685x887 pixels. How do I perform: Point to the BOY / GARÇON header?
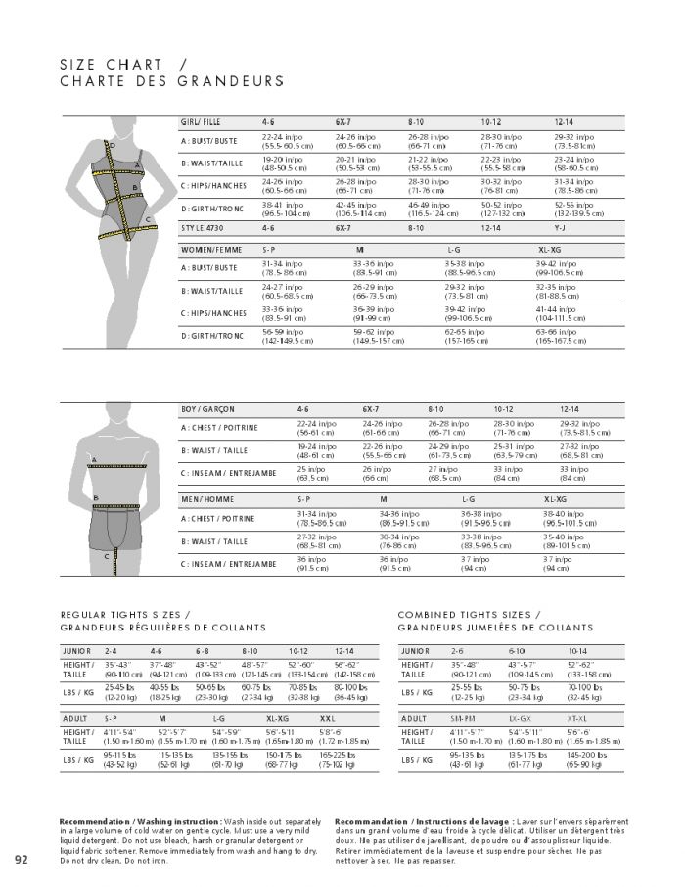(x=207, y=408)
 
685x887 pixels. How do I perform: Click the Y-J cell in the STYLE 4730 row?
(x=561, y=227)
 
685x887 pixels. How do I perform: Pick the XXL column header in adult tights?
(x=327, y=718)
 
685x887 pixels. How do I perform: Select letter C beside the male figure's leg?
(x=107, y=556)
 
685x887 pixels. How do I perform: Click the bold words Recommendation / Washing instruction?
(x=134, y=820)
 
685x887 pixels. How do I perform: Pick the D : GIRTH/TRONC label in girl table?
(x=211, y=209)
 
